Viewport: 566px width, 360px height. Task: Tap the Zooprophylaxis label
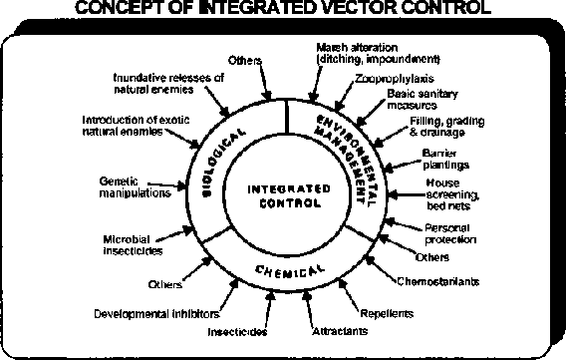coord(384,77)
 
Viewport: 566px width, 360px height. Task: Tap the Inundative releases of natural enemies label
coord(168,82)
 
